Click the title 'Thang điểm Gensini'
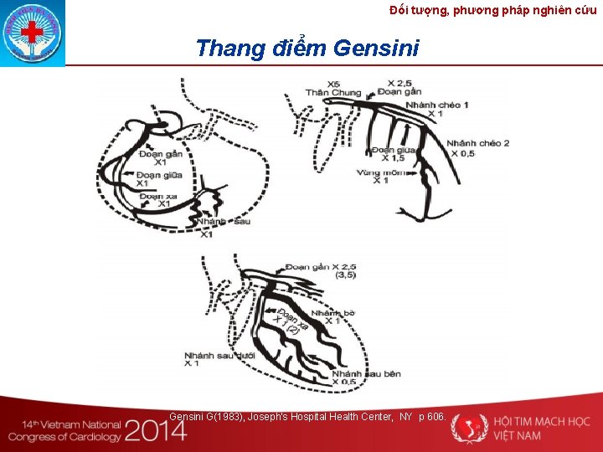tap(307, 48)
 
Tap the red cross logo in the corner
tap(31, 33)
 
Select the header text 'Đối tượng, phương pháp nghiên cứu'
tap(493, 10)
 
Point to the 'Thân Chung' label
tap(333, 93)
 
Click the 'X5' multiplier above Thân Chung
tap(333, 84)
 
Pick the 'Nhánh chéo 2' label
tap(477, 143)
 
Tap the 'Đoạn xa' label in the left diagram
tap(157, 195)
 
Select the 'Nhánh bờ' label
tap(332, 312)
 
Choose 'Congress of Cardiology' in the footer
tap(64, 436)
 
